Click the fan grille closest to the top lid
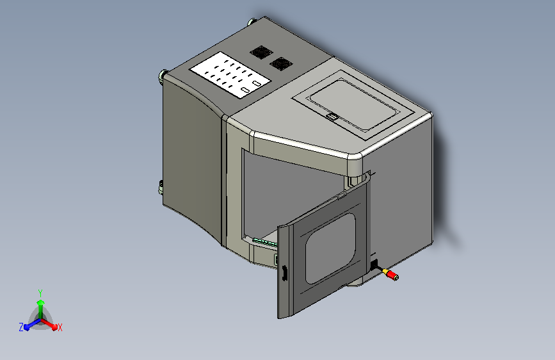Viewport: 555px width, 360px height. (x=279, y=63)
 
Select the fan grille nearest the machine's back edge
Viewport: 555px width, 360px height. (x=260, y=52)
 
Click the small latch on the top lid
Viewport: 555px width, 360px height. (x=332, y=117)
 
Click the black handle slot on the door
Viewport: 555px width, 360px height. (x=282, y=274)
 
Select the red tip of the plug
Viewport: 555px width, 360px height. (x=395, y=277)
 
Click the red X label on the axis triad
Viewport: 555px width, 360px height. (x=60, y=327)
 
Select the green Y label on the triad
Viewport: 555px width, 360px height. (x=40, y=292)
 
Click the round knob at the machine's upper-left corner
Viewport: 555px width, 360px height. (x=162, y=76)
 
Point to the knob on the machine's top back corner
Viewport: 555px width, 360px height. (x=251, y=21)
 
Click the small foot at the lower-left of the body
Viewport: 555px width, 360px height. (x=160, y=187)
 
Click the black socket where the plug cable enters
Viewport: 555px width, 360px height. (x=374, y=264)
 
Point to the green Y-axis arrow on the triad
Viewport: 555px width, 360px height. (x=40, y=305)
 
